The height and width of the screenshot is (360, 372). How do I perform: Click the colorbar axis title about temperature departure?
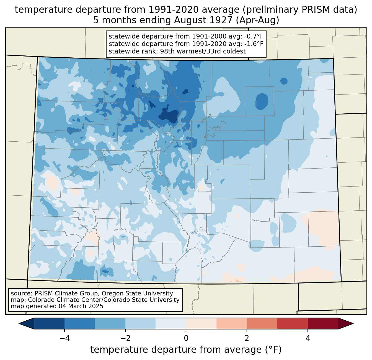click(186, 350)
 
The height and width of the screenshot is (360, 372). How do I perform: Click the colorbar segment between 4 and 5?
click(323, 323)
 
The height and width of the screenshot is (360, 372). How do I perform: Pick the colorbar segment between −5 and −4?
click(49, 323)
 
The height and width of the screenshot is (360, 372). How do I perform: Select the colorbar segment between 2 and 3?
click(262, 323)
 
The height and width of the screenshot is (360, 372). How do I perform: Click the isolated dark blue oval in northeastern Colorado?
click(262, 101)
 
